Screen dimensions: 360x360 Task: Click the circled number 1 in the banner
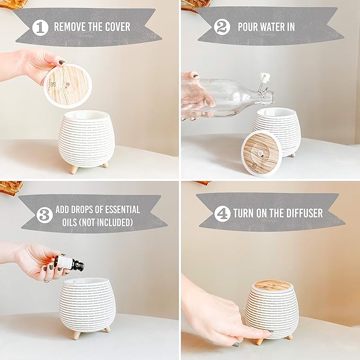pyautogui.click(x=40, y=27)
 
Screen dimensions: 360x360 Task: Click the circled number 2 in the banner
pyautogui.click(x=222, y=27)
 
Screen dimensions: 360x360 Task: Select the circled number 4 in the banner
pyautogui.click(x=222, y=213)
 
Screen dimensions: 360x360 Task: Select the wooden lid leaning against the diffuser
pyautogui.click(x=262, y=153)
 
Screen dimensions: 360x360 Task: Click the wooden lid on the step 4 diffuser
pyautogui.click(x=273, y=285)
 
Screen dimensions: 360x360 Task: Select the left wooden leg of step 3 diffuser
pyautogui.click(x=77, y=335)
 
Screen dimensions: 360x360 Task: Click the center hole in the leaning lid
pyautogui.click(x=261, y=152)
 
